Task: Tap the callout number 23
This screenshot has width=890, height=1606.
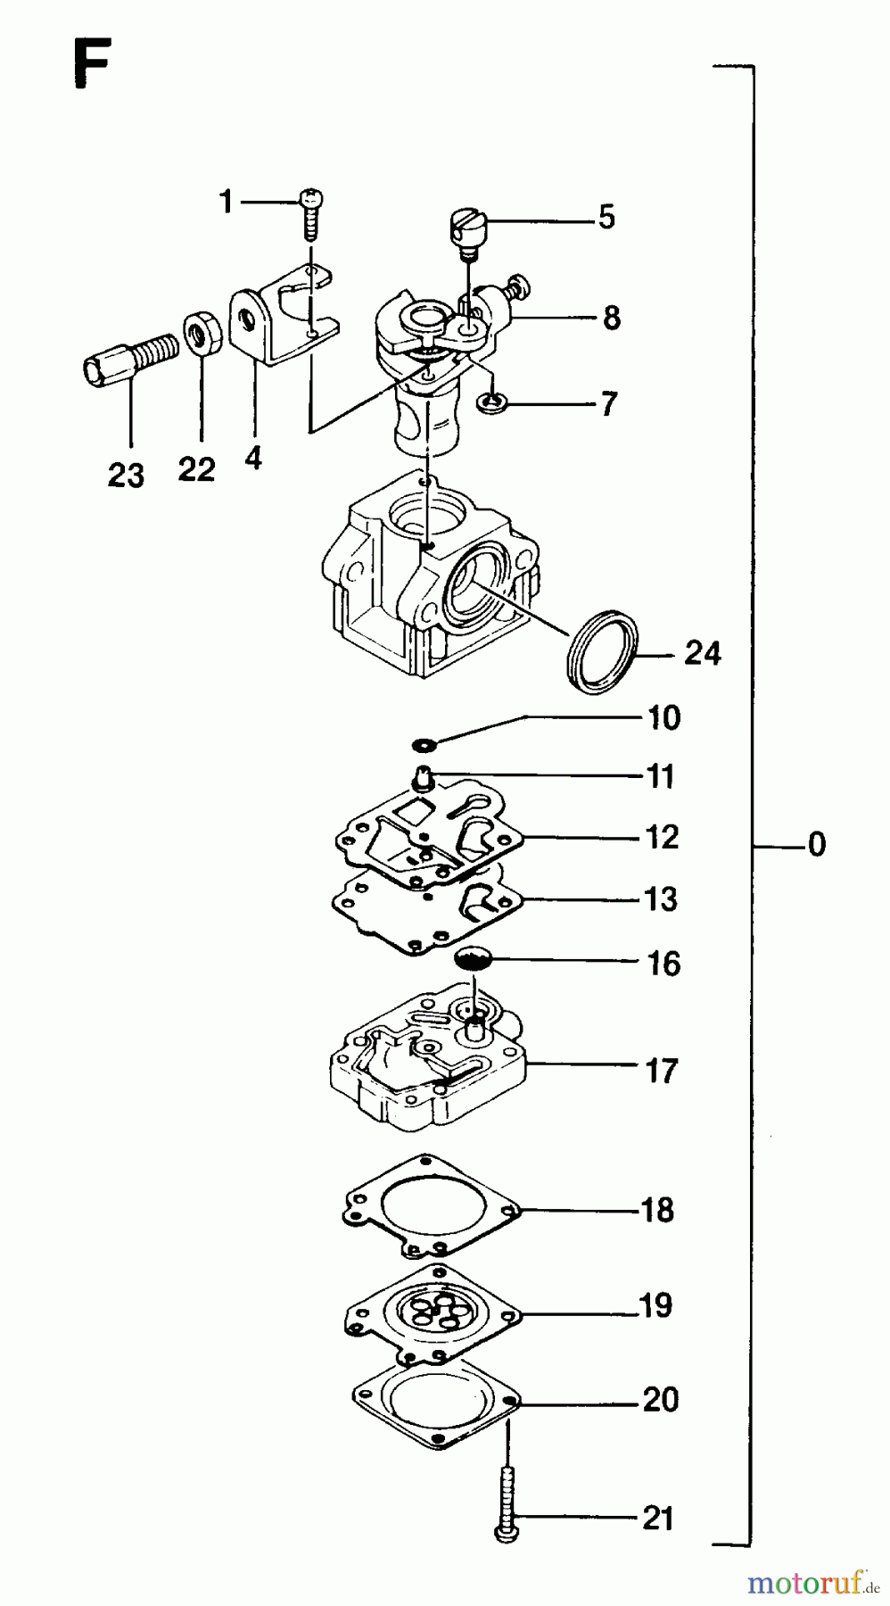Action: click(126, 475)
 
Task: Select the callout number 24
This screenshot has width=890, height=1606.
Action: click(702, 654)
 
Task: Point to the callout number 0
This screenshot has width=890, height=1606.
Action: click(816, 844)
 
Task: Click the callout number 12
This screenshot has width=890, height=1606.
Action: click(662, 837)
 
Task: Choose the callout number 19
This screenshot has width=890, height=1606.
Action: click(655, 1306)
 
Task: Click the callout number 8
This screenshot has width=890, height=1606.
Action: click(611, 317)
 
